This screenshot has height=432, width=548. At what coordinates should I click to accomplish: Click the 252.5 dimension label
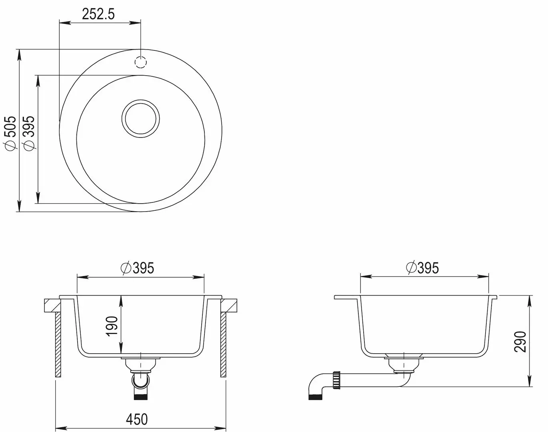(x=98, y=14)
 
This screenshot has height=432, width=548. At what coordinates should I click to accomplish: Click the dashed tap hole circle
(x=140, y=62)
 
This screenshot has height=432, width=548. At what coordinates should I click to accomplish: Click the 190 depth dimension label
(x=112, y=326)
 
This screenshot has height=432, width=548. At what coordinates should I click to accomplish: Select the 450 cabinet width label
(x=137, y=419)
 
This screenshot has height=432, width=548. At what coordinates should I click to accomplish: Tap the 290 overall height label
(x=520, y=342)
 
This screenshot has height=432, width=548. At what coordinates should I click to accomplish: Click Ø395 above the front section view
(x=137, y=268)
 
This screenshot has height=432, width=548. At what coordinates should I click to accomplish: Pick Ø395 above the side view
(x=422, y=268)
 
